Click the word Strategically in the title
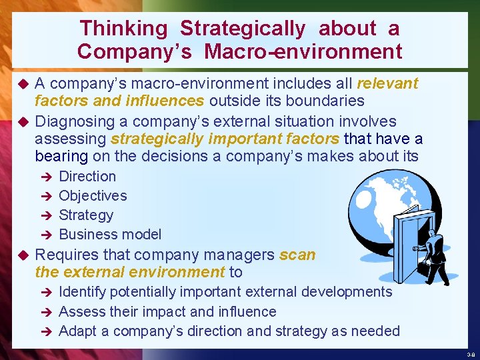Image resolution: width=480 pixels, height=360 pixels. pos(243,29)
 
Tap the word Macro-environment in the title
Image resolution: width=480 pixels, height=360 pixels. pos(303,51)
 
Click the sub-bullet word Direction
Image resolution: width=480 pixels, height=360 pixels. pos(87,177)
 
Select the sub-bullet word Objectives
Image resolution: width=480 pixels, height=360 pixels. pos(93,196)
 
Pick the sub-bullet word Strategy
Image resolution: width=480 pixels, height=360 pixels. pos(86,215)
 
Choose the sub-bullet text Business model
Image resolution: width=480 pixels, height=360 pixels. pos(110,235)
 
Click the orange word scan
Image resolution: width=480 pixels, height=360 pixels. pos(297,255)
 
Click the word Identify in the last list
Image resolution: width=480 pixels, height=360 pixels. pos(82,292)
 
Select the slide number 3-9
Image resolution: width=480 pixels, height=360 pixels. pos(471,355)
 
